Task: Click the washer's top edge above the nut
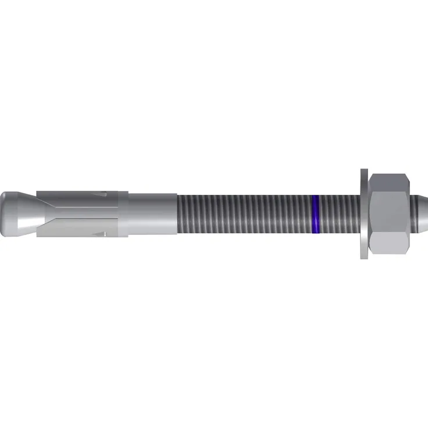[x=363, y=174]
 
